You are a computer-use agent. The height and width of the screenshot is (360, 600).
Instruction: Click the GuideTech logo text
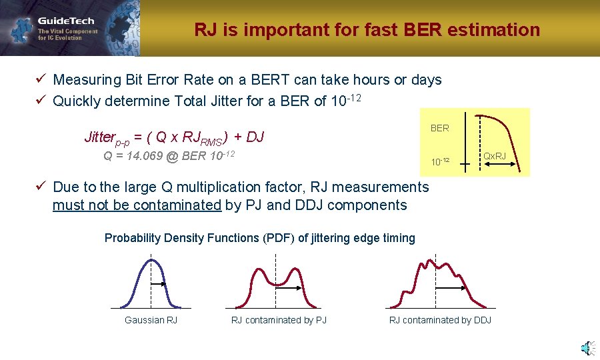[65, 21]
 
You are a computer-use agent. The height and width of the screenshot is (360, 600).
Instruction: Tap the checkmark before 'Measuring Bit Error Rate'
[40, 80]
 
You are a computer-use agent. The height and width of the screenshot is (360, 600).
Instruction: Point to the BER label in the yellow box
[439, 128]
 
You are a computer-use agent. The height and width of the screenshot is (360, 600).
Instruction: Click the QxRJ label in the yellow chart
[494, 157]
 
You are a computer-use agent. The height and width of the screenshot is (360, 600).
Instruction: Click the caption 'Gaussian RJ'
[151, 321]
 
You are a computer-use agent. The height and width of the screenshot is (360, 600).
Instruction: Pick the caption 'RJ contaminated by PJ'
[279, 321]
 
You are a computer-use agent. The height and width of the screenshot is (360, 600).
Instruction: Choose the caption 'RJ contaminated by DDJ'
[440, 321]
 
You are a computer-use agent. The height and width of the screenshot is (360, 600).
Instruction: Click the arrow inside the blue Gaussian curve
[158, 285]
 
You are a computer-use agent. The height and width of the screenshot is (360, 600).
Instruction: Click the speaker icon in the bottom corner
[586, 347]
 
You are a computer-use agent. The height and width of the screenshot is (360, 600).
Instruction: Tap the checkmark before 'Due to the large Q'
[40, 187]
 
